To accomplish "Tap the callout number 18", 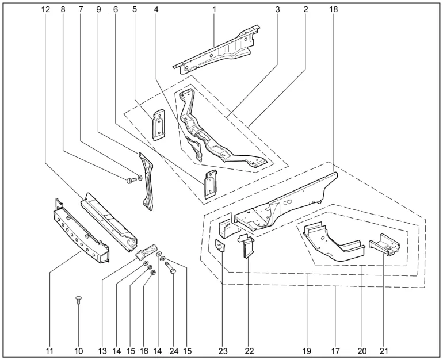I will tap(334, 9).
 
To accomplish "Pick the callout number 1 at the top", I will tap(214, 9).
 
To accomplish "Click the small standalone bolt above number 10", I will tap(79, 300).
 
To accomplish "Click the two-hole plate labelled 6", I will tap(211, 183).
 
